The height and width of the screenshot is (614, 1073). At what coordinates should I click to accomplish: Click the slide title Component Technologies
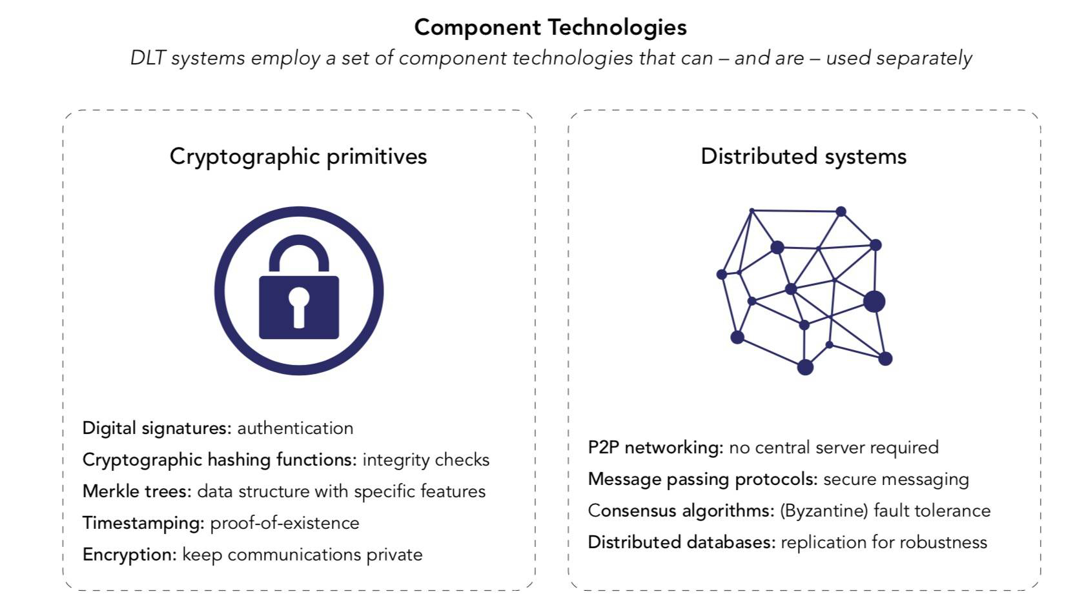pos(550,27)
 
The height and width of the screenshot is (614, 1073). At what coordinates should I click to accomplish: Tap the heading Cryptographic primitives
pos(298,156)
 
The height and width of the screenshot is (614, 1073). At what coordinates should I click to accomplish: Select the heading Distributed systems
pos(803,156)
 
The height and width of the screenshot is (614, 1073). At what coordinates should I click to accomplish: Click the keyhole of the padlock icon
pos(298,304)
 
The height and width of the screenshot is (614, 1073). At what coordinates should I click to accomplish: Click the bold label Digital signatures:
pos(157,428)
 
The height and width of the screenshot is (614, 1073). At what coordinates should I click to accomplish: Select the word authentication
pos(295,428)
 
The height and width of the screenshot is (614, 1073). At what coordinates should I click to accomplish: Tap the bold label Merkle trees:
pos(137,491)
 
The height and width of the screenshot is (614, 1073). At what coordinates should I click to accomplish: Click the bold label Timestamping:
pos(143,523)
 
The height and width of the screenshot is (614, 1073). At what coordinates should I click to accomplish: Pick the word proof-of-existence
pos(285,523)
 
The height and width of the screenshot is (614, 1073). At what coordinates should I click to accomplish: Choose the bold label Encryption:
pos(129,555)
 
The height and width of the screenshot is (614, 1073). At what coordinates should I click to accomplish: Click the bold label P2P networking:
pos(655,448)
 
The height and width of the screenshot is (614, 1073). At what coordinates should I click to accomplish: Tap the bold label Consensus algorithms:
pos(680,511)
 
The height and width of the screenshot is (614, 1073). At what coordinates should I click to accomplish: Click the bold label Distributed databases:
pos(681,542)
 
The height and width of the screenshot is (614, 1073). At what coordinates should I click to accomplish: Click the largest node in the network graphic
pos(874,301)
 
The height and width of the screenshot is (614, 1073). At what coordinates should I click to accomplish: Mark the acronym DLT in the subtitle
pos(148,58)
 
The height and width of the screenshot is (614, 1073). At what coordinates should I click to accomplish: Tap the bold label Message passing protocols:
pos(702,479)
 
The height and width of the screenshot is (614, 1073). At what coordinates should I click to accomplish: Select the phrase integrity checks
pos(425,460)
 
